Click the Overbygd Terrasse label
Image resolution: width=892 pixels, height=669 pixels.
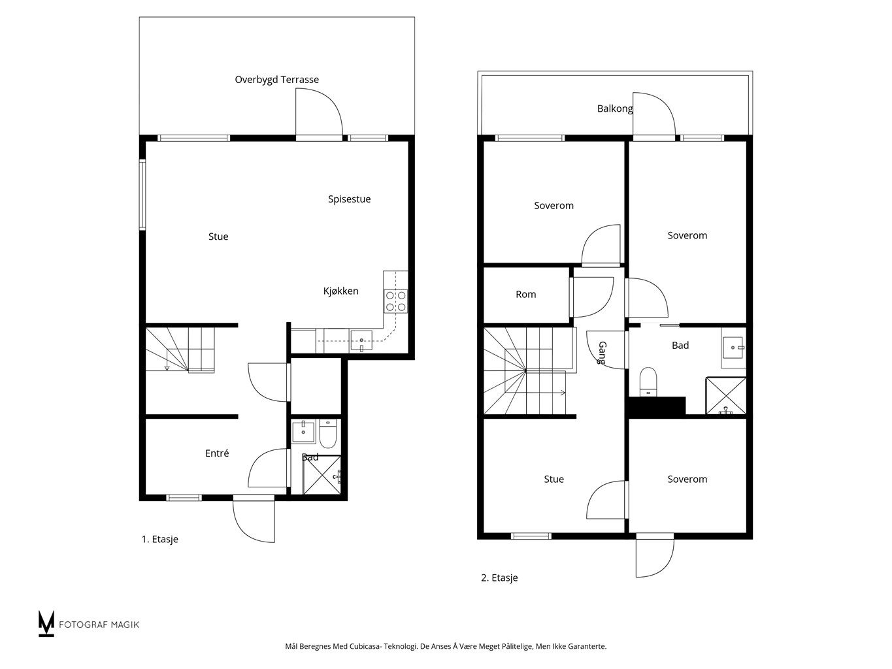click(276, 80)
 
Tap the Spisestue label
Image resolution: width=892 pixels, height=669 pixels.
click(349, 199)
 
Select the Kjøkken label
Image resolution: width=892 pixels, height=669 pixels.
click(340, 291)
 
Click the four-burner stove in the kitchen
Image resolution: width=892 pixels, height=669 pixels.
click(396, 301)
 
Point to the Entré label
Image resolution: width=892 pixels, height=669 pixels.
click(216, 453)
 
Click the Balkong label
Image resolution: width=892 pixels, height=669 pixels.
click(615, 108)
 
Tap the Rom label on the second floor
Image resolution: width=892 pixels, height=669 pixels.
click(525, 294)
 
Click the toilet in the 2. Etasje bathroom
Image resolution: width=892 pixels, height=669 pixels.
click(648, 382)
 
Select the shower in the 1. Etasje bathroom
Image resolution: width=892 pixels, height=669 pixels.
click(322, 475)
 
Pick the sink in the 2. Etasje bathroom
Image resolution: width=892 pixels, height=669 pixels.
click(733, 348)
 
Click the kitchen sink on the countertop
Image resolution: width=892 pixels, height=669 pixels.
click(361, 340)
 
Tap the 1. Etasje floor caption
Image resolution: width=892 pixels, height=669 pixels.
click(159, 539)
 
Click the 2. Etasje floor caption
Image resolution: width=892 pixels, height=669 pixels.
click(499, 578)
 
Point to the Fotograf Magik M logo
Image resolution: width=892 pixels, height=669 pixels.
click(46, 623)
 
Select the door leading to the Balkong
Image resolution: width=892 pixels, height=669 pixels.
click(654, 116)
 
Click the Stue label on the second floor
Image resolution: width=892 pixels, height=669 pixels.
click(553, 479)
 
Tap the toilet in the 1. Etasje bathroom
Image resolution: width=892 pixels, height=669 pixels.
click(327, 433)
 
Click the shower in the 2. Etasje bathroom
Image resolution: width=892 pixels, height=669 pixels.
click(726, 396)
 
